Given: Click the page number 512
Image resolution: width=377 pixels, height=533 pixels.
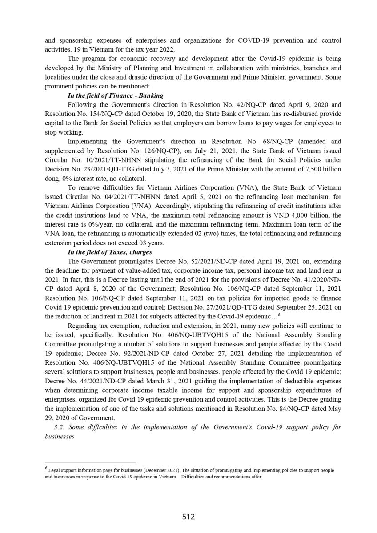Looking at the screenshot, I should pyautogui.click(x=188, y=517).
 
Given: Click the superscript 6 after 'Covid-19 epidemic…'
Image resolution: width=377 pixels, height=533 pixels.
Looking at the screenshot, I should pyautogui.click(x=278, y=315).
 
